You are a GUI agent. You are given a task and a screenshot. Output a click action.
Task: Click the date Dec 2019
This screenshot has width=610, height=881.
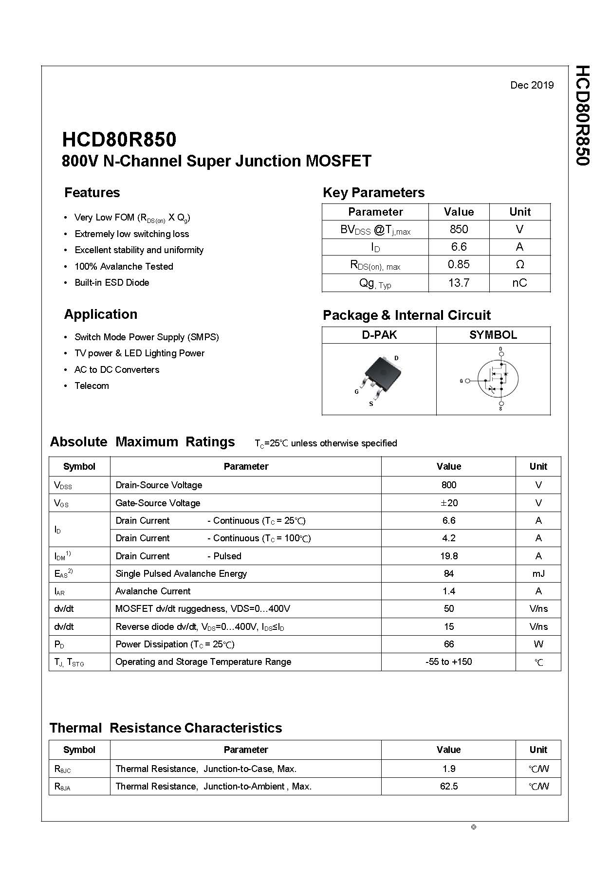(532, 85)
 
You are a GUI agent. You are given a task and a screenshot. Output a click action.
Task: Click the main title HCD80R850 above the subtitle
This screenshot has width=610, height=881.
(119, 140)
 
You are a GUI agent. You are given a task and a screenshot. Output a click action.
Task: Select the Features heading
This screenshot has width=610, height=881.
(92, 192)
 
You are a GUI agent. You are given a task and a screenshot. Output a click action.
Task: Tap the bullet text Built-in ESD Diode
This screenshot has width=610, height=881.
(111, 282)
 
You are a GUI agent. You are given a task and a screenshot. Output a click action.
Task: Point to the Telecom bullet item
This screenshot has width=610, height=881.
(92, 385)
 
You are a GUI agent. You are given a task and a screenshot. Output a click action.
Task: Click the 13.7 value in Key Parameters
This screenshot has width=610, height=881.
(459, 283)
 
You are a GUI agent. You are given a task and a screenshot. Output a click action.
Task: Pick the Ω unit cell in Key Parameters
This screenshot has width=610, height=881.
(519, 264)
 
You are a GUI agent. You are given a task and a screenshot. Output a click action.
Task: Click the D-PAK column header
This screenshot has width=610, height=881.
(379, 335)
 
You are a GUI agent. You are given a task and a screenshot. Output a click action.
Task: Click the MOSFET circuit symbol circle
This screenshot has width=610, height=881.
(498, 379)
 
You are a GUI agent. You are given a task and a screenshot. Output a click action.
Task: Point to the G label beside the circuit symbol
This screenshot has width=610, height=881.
(461, 381)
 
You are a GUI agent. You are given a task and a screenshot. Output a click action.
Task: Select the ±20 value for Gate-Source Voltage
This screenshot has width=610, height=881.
(448, 503)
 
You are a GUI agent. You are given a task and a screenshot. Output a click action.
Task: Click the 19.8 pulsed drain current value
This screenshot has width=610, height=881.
(448, 556)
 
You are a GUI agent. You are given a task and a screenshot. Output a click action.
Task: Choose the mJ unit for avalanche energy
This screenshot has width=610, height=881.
(538, 573)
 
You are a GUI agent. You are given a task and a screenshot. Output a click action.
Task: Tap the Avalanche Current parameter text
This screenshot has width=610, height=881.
(153, 591)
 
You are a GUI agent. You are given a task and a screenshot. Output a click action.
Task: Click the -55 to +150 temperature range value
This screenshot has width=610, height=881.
(448, 661)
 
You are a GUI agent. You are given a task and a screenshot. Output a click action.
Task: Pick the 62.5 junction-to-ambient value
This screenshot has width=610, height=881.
(448, 786)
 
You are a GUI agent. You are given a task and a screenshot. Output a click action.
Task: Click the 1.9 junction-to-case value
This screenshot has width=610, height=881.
(448, 769)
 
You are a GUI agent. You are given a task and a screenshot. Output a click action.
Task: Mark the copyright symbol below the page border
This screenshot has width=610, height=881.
(474, 827)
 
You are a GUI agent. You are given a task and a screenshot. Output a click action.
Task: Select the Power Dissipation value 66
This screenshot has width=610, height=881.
(448, 644)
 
